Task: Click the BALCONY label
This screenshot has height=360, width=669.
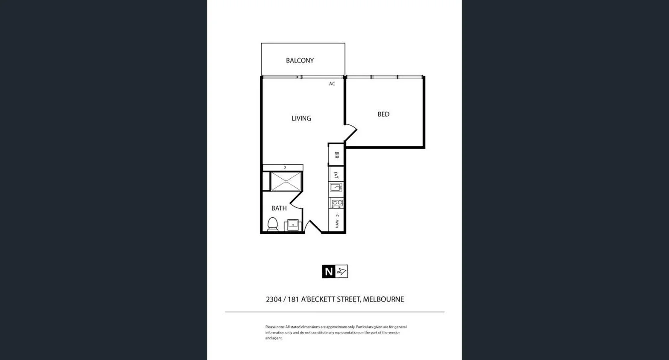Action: coord(300,61)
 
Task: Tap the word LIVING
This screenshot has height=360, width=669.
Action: coord(301,118)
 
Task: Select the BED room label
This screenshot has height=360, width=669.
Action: coord(383,114)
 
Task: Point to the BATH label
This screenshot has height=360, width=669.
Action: coord(279,208)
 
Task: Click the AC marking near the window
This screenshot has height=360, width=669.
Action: coord(332,84)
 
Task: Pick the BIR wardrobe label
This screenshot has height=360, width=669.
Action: coord(336,155)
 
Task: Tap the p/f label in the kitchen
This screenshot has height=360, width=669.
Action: coord(336,175)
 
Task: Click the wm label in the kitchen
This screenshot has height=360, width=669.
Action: coord(337,224)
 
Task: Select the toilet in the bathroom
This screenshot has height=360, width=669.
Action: coord(272,224)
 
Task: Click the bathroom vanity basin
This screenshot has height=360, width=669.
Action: coord(293,224)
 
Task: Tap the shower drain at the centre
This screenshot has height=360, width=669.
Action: coord(286,182)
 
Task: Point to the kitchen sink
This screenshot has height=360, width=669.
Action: coord(336,187)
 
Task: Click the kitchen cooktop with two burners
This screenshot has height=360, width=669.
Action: coord(337,204)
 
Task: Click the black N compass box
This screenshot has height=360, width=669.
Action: coord(328,271)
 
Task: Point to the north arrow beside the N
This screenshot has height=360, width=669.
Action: coord(342,271)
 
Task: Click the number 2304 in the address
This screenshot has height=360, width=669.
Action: coord(274,299)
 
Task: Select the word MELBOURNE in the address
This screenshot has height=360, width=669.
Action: coord(383,299)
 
